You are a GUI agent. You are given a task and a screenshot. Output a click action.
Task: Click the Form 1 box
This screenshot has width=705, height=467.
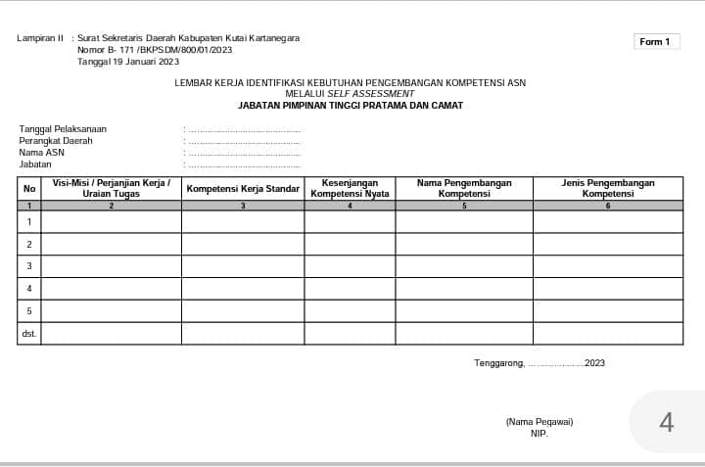(655, 42)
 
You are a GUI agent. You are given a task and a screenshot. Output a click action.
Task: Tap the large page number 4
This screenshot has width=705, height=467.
(667, 422)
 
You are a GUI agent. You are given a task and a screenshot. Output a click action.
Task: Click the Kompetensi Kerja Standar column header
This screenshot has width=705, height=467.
(243, 188)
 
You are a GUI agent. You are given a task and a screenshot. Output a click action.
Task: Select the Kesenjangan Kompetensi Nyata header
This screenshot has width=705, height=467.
(350, 188)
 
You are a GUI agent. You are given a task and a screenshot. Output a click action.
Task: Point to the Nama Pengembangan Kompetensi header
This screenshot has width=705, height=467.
(464, 188)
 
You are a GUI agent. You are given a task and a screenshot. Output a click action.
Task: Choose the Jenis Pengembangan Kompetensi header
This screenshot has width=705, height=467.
(607, 188)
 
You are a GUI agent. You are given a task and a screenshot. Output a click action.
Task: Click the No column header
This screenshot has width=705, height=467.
(29, 188)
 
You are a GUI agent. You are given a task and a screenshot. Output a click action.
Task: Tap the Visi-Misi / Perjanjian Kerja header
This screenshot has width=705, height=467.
(112, 188)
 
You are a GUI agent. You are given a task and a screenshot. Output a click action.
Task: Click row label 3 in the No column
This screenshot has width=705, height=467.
(29, 266)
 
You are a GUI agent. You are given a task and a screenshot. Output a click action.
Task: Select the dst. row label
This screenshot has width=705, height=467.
(29, 334)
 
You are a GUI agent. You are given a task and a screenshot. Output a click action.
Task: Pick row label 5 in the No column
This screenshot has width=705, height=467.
(29, 311)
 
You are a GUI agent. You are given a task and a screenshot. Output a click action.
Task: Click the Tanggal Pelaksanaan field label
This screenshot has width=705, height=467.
(63, 129)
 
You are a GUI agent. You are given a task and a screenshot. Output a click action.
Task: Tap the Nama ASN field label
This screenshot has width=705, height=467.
(42, 153)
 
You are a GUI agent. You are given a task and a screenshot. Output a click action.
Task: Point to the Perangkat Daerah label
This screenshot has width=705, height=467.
(56, 141)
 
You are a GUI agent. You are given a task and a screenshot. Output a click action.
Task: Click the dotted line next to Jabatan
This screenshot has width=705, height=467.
(244, 164)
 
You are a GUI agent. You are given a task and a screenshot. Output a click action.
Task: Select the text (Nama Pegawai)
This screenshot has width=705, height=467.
(540, 422)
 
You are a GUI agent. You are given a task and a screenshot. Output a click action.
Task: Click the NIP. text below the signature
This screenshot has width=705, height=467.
(540, 433)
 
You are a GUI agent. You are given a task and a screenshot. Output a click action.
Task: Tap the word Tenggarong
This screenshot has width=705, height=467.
(498, 363)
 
